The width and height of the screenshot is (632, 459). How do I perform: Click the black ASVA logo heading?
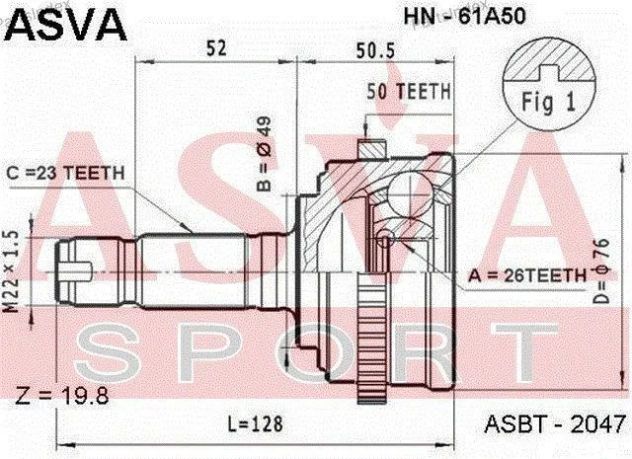tap(66, 24)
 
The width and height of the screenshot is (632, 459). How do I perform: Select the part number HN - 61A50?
tap(465, 17)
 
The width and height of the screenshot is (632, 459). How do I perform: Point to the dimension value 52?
tap(216, 48)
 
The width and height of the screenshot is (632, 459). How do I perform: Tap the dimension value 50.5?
tap(375, 50)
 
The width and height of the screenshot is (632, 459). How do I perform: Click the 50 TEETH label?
tap(408, 92)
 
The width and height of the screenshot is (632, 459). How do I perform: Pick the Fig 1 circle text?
tap(549, 101)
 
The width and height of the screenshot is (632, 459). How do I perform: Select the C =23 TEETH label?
tap(66, 174)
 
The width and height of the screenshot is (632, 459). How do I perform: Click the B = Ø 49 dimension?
tap(265, 154)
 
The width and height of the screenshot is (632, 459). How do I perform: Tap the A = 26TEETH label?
tap(527, 275)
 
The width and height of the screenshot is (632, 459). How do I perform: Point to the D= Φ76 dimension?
tap(602, 271)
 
